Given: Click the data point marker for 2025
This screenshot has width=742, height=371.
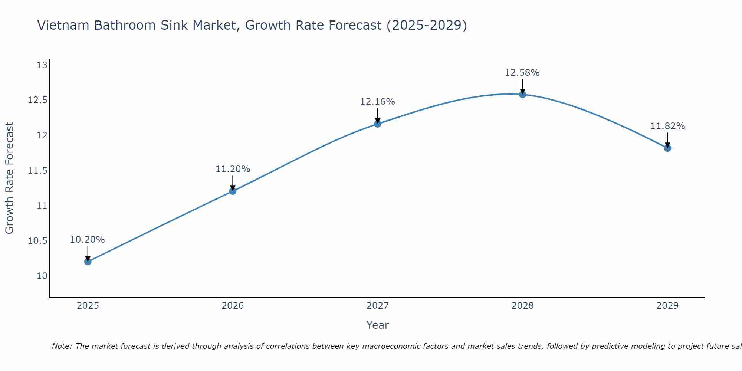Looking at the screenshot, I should (x=88, y=262).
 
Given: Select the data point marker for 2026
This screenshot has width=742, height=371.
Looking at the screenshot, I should (x=233, y=191).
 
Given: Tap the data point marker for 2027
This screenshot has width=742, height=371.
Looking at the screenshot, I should (x=378, y=124).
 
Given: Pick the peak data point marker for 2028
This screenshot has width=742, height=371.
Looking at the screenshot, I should (x=522, y=94).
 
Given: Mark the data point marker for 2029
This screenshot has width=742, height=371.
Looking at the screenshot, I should (x=667, y=148).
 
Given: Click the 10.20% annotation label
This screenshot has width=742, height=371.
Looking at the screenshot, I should (x=88, y=240).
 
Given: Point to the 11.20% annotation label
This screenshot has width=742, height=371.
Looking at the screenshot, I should (x=233, y=169).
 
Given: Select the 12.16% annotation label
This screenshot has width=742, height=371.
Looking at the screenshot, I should (x=378, y=102).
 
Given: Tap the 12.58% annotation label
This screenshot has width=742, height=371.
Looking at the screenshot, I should (x=522, y=73).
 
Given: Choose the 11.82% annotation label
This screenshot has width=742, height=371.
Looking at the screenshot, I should (x=667, y=126).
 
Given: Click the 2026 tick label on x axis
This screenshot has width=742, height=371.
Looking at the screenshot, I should (x=233, y=306).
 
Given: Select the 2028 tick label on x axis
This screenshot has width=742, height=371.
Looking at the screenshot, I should (x=522, y=306).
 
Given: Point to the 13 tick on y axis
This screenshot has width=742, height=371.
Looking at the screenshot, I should (x=42, y=65).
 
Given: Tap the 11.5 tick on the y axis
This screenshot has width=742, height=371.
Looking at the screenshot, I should (x=38, y=171).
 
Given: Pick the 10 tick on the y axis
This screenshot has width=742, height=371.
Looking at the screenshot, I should (x=42, y=276).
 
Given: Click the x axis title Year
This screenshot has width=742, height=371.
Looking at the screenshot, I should (x=377, y=325).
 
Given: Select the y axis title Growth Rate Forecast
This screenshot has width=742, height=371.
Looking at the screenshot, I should (x=9, y=178).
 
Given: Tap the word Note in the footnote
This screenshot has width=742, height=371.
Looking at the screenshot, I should (x=62, y=346).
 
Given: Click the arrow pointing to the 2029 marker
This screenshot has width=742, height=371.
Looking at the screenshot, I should (x=667, y=140).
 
